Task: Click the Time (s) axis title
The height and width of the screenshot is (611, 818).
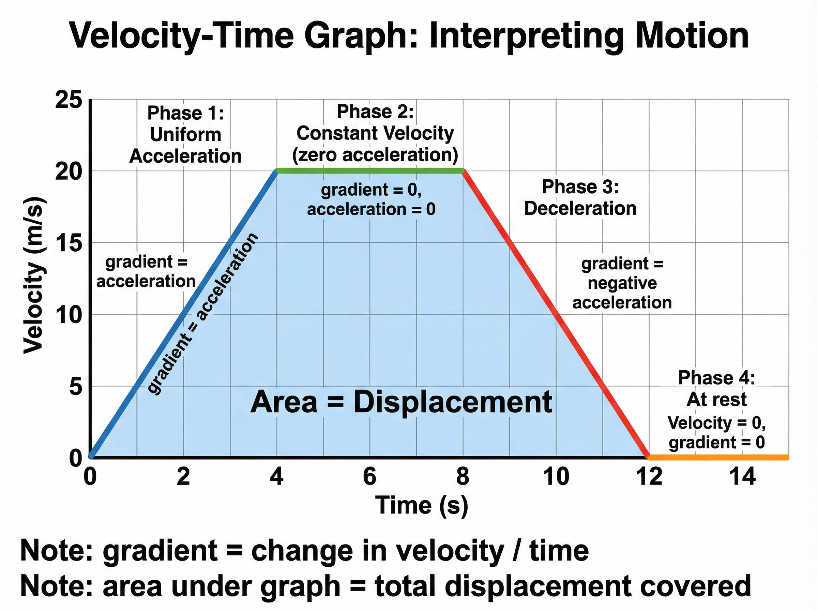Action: tap(422, 505)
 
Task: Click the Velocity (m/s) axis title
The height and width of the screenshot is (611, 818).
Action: tap(34, 275)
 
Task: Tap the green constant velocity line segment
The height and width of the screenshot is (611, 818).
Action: tap(370, 171)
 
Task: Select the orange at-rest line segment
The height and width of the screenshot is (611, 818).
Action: tap(717, 458)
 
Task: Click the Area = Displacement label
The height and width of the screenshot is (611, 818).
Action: tap(401, 402)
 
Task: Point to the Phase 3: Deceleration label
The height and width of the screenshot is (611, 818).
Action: tap(580, 198)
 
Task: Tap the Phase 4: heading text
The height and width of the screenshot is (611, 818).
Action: tap(716, 378)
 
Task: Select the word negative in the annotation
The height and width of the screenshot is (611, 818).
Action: tap(622, 283)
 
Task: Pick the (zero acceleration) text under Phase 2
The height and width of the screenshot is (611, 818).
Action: tap(375, 154)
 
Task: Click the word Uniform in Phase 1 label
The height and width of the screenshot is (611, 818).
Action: tap(185, 135)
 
